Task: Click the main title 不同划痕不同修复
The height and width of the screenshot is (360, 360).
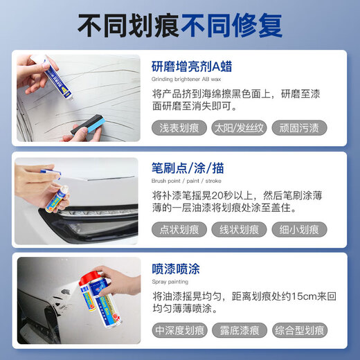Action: coord(179,26)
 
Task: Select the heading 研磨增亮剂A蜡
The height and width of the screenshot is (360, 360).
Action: coord(192,67)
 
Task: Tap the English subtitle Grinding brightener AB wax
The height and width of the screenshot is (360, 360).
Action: coord(189,80)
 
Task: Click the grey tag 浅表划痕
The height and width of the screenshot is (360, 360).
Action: coord(179,129)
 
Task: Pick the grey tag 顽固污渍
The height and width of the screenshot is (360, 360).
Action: coord(298,129)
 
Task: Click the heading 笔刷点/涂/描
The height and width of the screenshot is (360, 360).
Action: coord(187,168)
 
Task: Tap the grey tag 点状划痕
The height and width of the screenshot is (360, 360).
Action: coord(179,230)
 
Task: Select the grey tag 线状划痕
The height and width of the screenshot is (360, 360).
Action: coord(239,230)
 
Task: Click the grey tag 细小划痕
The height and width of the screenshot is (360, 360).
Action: coord(298,230)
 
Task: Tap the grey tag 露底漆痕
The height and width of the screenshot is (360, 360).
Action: coord(239,330)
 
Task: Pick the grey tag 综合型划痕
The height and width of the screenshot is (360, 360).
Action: coord(298,330)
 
